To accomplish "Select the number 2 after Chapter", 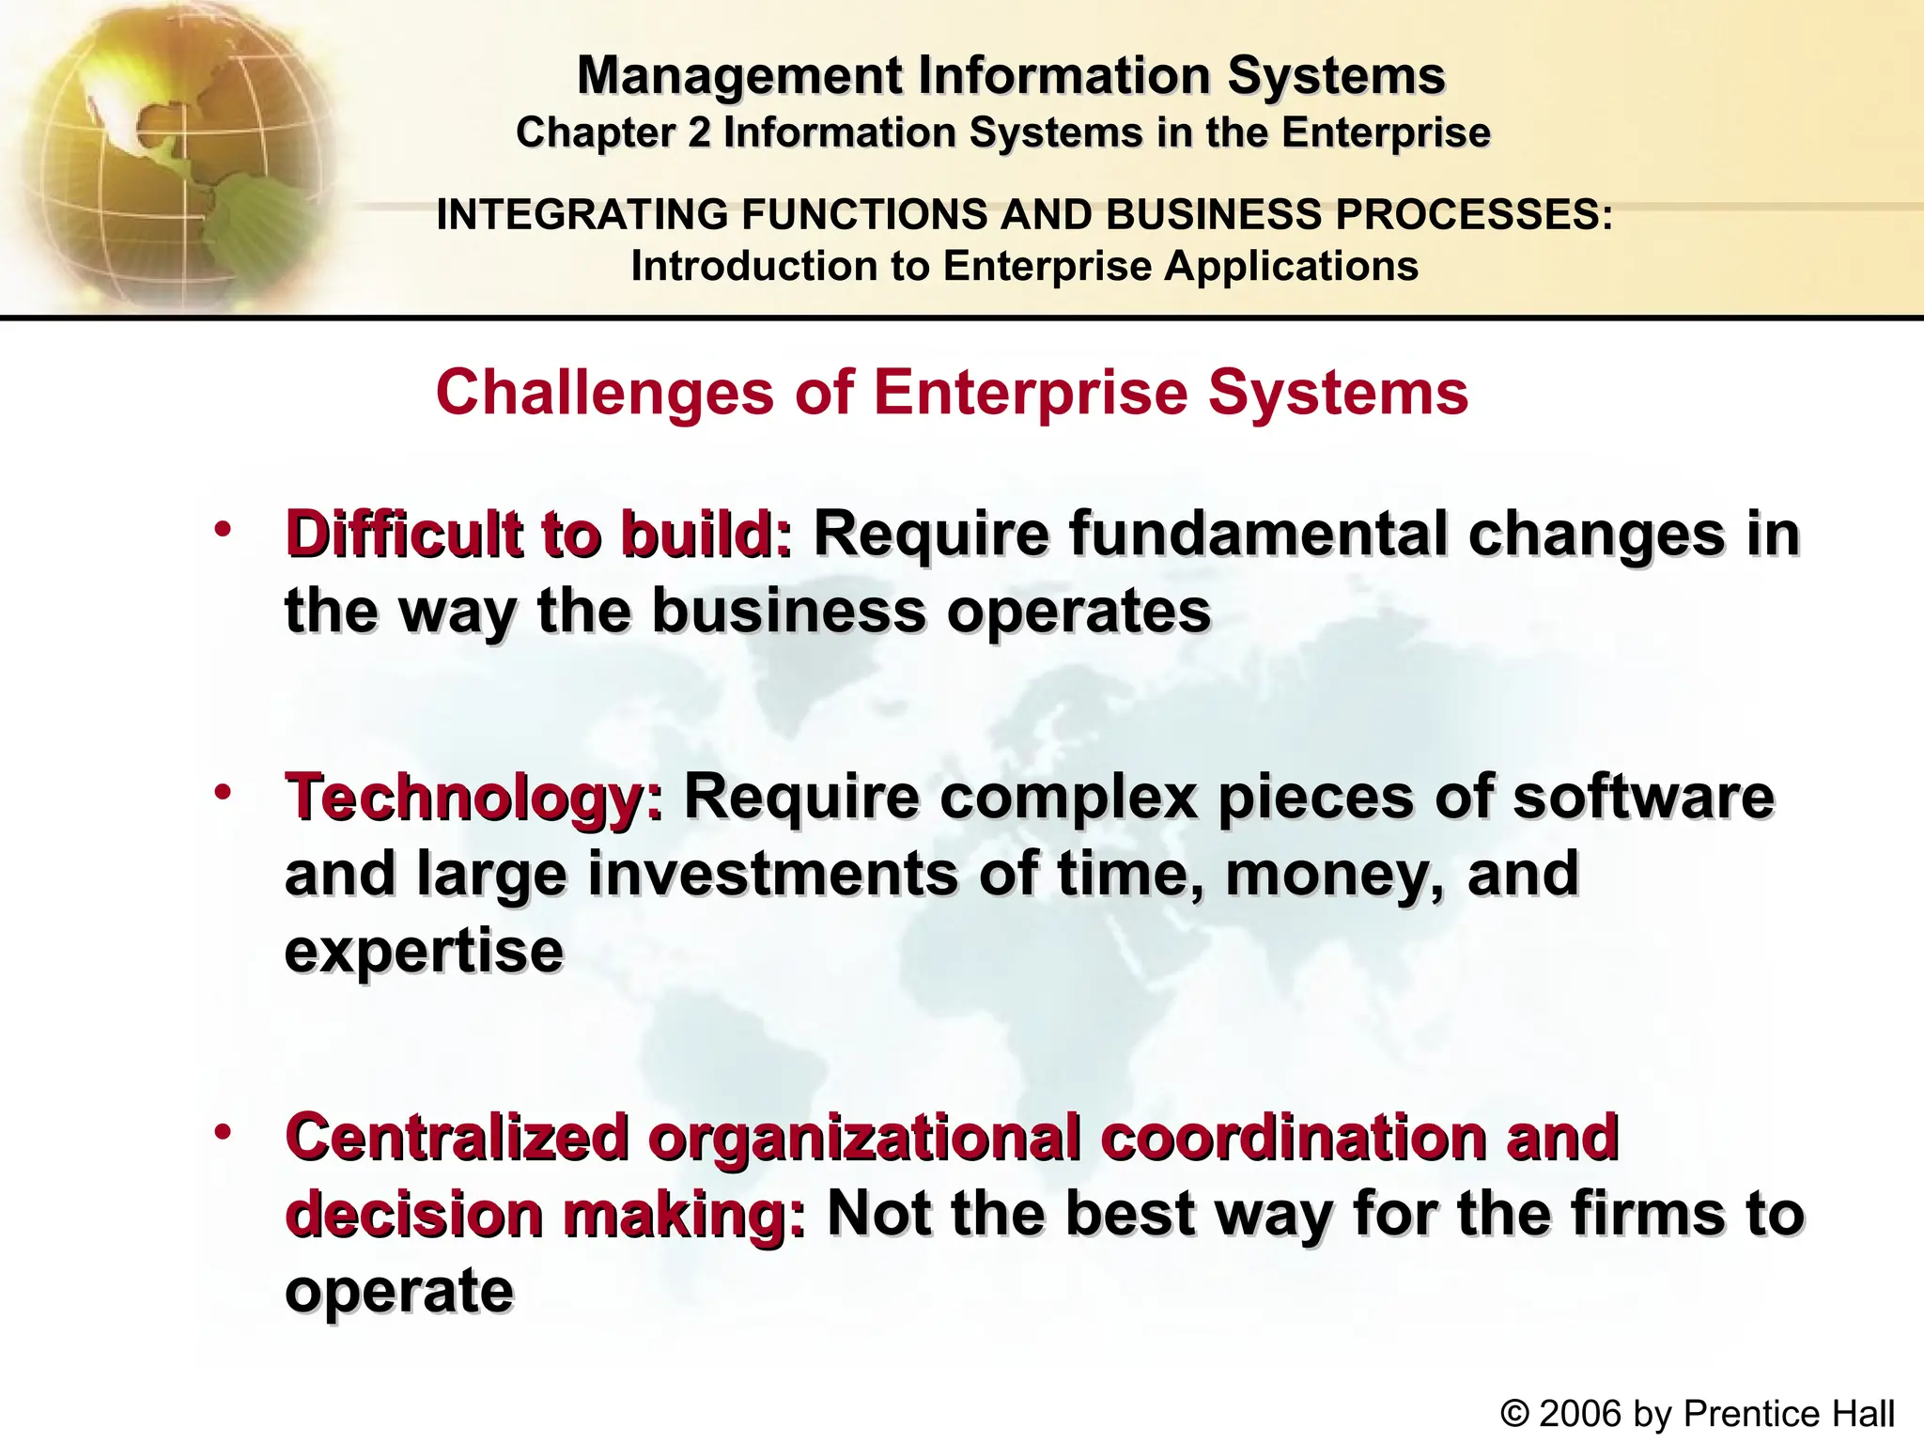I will tap(699, 132).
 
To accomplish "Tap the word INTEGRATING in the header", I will tap(582, 215).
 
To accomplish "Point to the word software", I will tap(1643, 797).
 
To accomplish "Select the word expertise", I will tap(424, 953).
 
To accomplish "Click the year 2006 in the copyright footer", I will tap(1580, 1414).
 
